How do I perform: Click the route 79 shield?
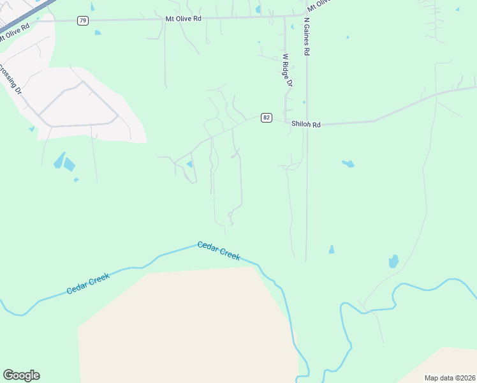click(83, 21)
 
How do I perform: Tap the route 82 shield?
click(267, 117)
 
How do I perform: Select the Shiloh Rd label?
click(305, 124)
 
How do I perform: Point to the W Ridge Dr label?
click(287, 70)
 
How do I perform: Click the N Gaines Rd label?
click(307, 37)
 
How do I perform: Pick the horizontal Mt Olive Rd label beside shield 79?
click(183, 19)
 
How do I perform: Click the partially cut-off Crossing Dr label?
click(10, 80)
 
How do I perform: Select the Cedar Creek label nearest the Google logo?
click(88, 283)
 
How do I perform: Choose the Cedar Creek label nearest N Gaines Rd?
click(219, 250)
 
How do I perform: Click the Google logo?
click(21, 375)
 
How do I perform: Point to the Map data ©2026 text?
click(450, 378)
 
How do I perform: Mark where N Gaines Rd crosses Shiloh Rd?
click(307, 123)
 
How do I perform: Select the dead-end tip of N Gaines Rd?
click(306, 260)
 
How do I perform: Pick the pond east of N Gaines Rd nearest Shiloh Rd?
click(348, 163)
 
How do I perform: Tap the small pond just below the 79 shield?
click(98, 33)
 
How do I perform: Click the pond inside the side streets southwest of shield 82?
click(189, 165)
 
